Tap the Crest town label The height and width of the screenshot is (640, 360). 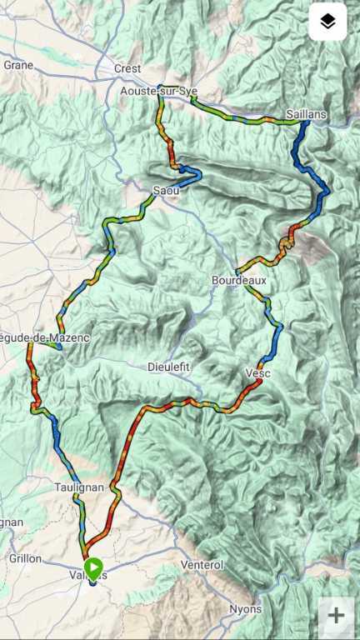(127, 68)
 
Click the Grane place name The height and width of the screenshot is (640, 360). (18, 64)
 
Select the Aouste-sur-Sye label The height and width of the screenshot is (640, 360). (153, 91)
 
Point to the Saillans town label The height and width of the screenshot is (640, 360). (306, 113)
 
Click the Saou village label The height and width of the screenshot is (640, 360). (165, 191)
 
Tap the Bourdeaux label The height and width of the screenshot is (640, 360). (239, 281)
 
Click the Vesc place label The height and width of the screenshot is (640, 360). (258, 373)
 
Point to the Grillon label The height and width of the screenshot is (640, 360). (25, 558)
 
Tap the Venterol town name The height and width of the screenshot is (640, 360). (202, 565)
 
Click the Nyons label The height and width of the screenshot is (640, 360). (246, 609)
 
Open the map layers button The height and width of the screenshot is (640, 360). (327, 22)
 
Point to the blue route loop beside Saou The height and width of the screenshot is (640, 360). (192, 176)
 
